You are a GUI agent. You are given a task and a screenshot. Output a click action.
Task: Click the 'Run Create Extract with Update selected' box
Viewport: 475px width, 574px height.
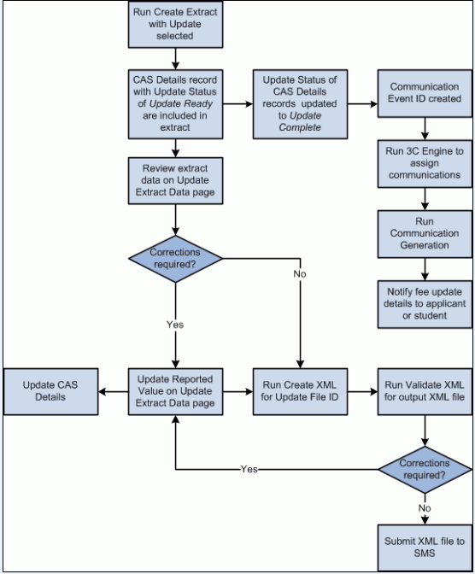(x=175, y=24)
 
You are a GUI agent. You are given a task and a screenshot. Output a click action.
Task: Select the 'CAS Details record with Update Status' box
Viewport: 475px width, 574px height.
(x=175, y=103)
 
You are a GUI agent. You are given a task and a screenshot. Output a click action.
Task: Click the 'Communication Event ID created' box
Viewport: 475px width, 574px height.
(x=425, y=93)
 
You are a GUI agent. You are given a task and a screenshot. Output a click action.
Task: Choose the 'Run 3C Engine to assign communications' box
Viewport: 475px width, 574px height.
(x=425, y=162)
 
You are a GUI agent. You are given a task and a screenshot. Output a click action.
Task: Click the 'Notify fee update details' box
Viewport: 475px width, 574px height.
(x=425, y=304)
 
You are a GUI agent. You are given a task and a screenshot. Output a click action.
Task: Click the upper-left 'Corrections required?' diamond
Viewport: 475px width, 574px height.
(x=175, y=258)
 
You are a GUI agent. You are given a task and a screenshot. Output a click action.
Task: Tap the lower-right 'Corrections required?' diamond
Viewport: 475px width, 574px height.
(x=425, y=469)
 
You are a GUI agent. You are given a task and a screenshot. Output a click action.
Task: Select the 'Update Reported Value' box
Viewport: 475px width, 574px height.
(x=175, y=391)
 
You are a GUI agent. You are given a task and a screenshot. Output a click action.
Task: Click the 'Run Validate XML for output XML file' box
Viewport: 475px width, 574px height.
(x=425, y=391)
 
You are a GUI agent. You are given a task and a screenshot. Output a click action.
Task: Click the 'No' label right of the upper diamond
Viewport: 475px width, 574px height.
(x=299, y=275)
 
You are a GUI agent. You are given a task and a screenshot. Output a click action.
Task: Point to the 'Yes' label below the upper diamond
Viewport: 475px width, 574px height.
(x=174, y=325)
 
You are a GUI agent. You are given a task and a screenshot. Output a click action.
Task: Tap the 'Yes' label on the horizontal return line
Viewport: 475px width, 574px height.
(x=249, y=469)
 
